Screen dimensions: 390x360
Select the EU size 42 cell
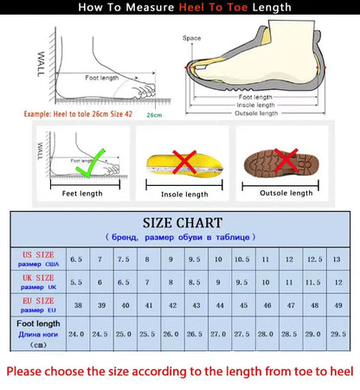170,305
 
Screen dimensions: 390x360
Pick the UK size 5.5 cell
75,282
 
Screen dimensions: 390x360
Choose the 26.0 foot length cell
170,333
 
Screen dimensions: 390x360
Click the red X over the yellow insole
183,162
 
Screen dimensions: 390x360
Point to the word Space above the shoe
191,38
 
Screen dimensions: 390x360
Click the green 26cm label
154,114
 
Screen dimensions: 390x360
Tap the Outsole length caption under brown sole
287,193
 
